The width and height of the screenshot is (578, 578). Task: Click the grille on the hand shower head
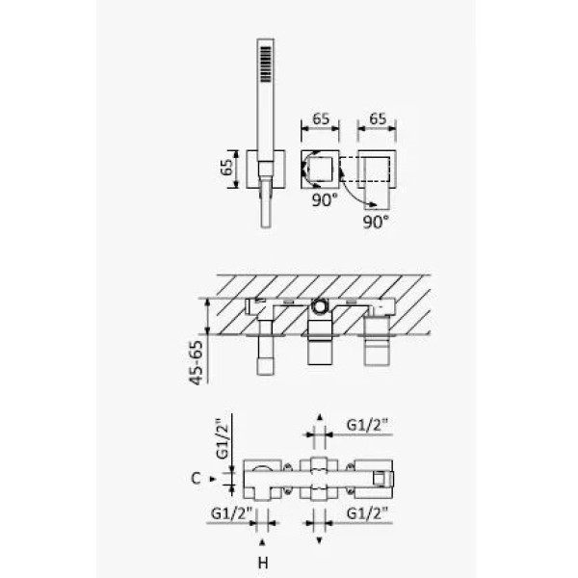click(266, 64)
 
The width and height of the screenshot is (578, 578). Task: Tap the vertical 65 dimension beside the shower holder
click(228, 168)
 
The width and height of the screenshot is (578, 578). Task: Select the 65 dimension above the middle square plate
click(321, 119)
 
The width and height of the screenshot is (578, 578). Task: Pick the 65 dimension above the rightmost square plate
click(378, 119)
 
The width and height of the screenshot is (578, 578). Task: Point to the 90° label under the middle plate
click(325, 200)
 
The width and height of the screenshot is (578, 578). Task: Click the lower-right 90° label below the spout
click(376, 222)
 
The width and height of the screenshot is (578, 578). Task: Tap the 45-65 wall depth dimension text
click(197, 363)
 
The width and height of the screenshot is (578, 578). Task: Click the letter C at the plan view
click(196, 479)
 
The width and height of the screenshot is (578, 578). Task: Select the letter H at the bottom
click(263, 564)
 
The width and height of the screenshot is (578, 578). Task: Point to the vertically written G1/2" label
click(223, 438)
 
